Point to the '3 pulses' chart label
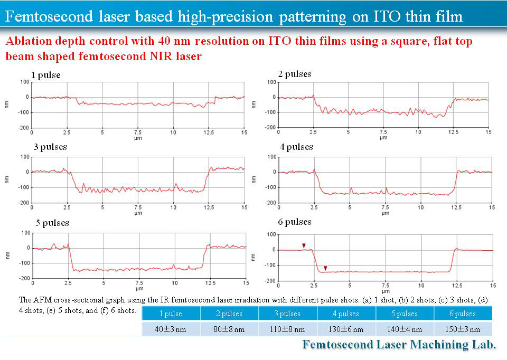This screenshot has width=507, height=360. click(50, 147)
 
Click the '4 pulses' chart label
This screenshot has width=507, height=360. click(296, 147)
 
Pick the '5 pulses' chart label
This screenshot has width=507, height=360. click(52, 223)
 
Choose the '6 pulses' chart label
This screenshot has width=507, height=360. click(295, 222)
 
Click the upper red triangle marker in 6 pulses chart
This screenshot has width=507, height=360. click(304, 245)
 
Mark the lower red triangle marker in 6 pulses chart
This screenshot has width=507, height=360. click(325, 269)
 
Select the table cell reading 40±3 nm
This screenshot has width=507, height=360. click(171, 329)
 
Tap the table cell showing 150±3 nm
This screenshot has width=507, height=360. click(463, 329)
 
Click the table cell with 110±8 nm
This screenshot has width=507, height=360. click(288, 329)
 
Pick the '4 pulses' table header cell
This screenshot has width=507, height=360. click(346, 314)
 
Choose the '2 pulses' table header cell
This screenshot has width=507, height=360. click(229, 314)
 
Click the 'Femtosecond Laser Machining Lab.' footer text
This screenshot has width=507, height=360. click(399, 345)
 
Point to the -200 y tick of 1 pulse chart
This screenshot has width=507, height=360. click(23, 128)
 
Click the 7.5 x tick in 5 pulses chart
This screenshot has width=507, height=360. click(139, 283)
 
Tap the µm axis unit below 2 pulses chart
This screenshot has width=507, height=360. click(384, 138)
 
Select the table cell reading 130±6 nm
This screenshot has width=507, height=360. click(346, 329)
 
